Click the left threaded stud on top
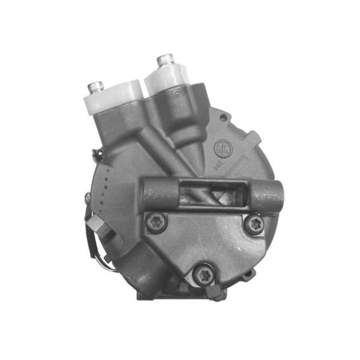click(x=95, y=86)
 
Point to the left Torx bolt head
click(x=156, y=222)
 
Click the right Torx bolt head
click(x=254, y=224)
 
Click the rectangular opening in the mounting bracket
click(x=211, y=192)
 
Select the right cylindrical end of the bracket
click(x=267, y=196)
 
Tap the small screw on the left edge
click(x=87, y=197)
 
